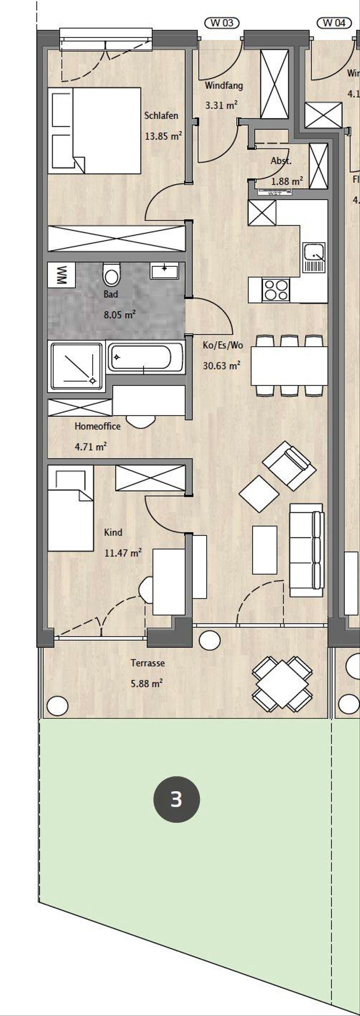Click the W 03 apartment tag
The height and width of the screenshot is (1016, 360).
pyautogui.click(x=222, y=23)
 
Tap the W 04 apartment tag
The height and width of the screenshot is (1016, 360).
pyautogui.click(x=334, y=23)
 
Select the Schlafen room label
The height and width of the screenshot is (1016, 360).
pyautogui.click(x=161, y=116)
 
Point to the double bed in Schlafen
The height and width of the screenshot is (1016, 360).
pyautogui.click(x=94, y=131)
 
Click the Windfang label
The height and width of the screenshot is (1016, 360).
pyautogui.click(x=223, y=85)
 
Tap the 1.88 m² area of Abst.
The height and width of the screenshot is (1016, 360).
pyautogui.click(x=287, y=181)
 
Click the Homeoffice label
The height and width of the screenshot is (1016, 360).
pyautogui.click(x=97, y=426)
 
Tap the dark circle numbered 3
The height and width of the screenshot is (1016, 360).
pyautogui.click(x=176, y=800)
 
